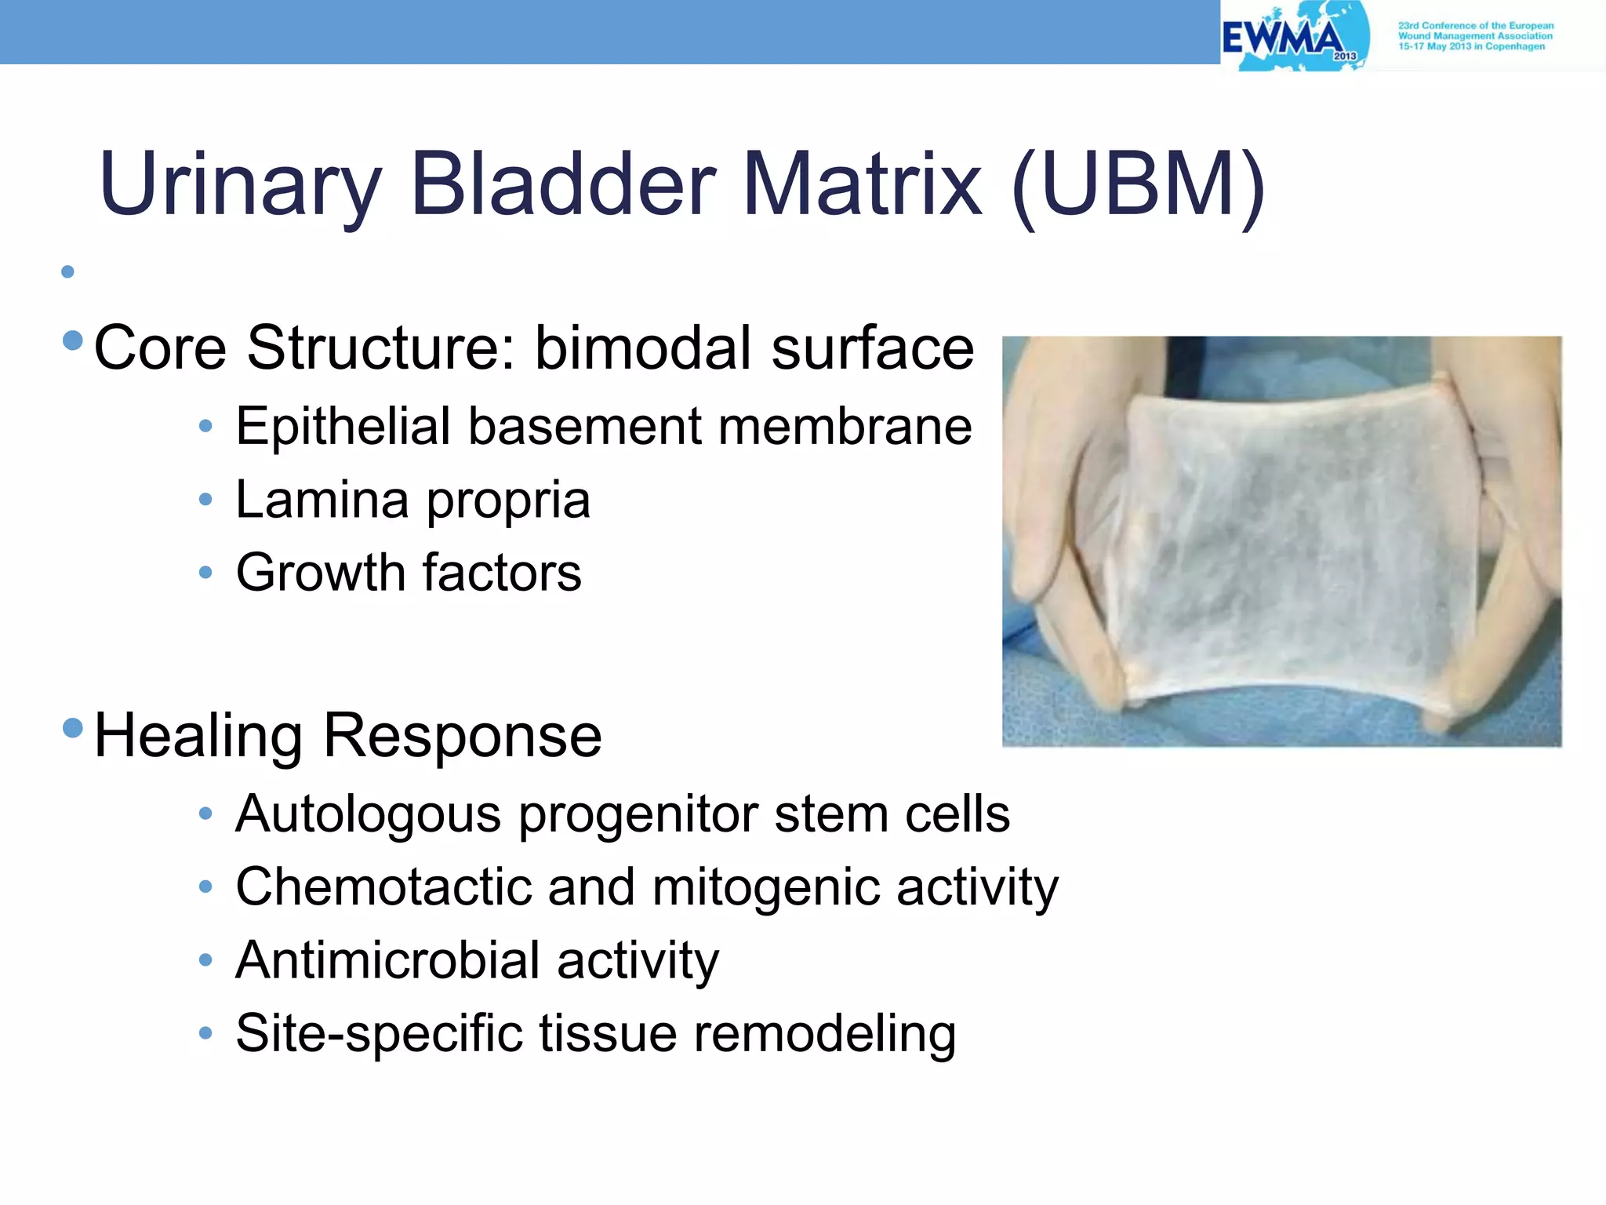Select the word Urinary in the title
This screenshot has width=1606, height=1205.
coord(240,185)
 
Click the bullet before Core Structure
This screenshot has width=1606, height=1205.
coord(73,340)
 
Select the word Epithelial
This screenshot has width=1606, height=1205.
coord(343,427)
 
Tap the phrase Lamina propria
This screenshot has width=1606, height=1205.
coord(412,500)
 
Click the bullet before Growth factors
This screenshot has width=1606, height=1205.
coord(205,573)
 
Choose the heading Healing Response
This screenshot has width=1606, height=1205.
coord(347,736)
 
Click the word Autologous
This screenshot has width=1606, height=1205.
coord(368,814)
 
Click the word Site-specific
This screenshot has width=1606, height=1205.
coord(379,1033)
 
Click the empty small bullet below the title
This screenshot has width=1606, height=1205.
coord(68,272)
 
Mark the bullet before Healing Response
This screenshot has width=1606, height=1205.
coord(73,728)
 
